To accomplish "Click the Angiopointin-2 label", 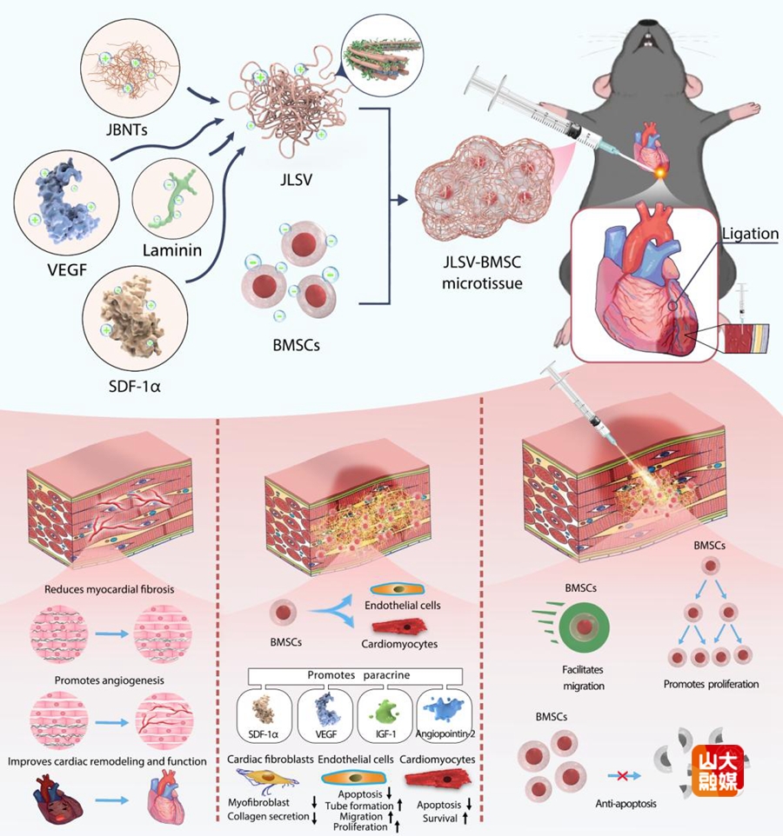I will tap(446, 734).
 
